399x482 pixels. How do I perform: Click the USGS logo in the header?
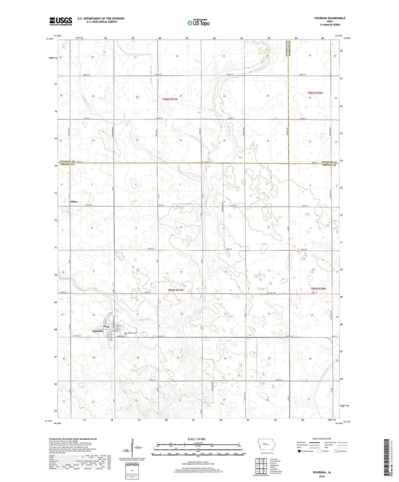point(61,21)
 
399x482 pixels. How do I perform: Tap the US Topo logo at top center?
point(198,23)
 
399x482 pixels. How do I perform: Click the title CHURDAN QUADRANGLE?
point(330,18)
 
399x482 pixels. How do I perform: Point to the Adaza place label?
point(74,202)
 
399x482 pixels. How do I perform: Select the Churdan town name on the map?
point(97,331)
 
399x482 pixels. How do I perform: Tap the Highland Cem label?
point(132,333)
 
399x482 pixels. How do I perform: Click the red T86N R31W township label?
point(170,99)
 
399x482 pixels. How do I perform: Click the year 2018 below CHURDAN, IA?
point(322,476)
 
